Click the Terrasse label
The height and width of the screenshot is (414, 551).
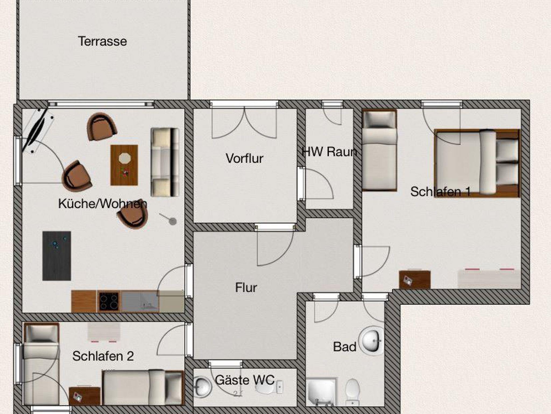102,41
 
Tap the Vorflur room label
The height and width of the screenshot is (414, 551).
244,158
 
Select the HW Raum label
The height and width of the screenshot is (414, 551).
329,152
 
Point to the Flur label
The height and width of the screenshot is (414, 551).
246,287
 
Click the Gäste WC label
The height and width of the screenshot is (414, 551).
245,380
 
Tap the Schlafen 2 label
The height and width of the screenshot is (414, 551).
103,356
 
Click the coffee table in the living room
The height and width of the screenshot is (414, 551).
124,165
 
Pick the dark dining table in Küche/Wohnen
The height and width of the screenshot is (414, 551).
57,256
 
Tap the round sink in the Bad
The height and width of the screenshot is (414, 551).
372,341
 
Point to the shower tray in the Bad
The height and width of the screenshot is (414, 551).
321,392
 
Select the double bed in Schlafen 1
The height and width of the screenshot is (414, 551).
477,163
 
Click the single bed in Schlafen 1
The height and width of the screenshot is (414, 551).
379,150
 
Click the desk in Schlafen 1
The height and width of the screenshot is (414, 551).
415,280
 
